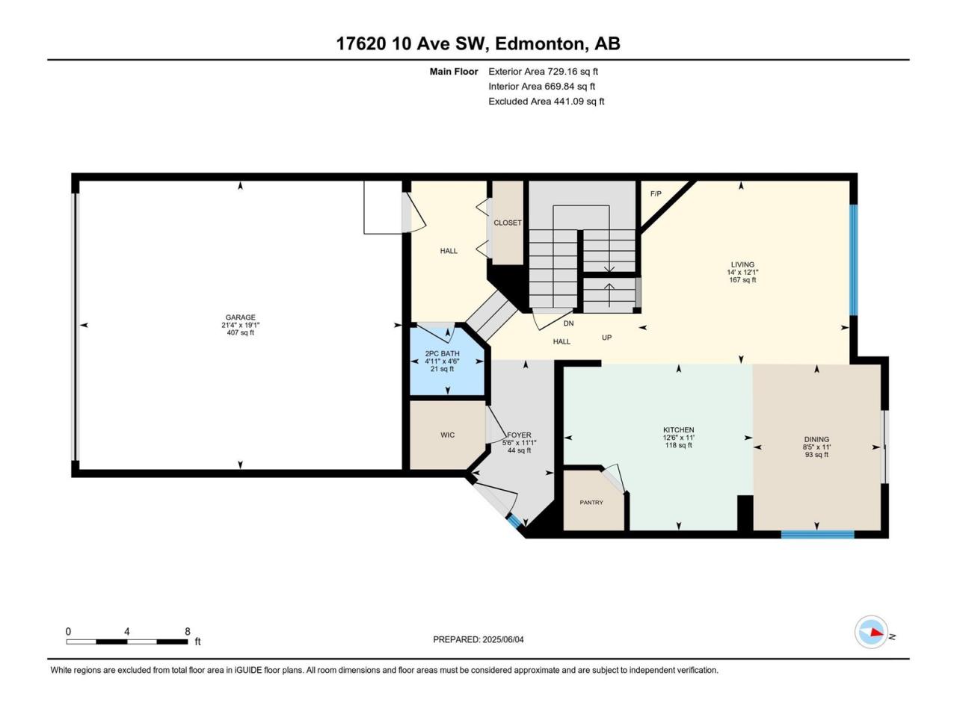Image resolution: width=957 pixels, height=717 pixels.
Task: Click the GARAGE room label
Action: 240,317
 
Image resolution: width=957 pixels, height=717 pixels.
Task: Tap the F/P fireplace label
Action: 656,193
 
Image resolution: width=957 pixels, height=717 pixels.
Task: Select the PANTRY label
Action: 591,503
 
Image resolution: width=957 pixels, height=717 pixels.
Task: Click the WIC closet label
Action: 447,435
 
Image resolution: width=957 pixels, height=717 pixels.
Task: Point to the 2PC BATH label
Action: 442,353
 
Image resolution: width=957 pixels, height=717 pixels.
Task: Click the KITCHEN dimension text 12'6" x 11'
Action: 678,438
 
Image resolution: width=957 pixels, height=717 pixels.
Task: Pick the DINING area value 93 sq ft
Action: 816,455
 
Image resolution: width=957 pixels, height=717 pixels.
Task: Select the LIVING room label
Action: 742,264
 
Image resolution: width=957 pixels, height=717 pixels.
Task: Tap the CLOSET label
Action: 508,223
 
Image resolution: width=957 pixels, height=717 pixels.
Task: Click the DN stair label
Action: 568,323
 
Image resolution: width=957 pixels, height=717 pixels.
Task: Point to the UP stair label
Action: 606,338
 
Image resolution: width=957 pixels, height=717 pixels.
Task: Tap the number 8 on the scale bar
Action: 188,631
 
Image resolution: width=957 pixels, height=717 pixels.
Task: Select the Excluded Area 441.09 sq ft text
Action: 547,102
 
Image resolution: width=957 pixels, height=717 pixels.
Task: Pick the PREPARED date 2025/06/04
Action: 503,639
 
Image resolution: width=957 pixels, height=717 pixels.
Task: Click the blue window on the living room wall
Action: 853,260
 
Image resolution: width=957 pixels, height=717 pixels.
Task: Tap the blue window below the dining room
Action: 817,535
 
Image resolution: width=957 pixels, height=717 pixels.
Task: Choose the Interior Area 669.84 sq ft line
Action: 541,87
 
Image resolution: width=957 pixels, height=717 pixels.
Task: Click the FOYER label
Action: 519,435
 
